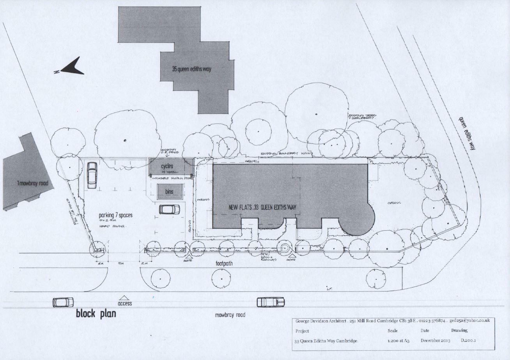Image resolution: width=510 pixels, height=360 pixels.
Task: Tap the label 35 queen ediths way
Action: (192, 69)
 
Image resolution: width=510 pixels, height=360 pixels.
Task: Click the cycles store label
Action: (167, 166)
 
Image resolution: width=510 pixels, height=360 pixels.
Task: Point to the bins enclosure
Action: (169, 192)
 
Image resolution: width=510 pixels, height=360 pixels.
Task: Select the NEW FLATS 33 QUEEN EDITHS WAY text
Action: (262, 207)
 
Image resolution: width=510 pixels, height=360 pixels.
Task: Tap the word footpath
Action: (225, 263)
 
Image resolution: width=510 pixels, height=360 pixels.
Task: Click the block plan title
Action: (96, 313)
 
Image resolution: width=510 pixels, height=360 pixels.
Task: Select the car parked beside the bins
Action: (169, 210)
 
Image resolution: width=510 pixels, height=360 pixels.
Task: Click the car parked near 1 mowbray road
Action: (92, 175)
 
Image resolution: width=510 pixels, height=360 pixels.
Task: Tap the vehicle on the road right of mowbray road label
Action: (270, 302)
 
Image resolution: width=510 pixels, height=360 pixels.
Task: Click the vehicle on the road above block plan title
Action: (63, 302)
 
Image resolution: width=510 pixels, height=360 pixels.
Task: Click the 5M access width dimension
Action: (121, 264)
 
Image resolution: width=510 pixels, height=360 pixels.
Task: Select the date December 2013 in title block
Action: (435, 341)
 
